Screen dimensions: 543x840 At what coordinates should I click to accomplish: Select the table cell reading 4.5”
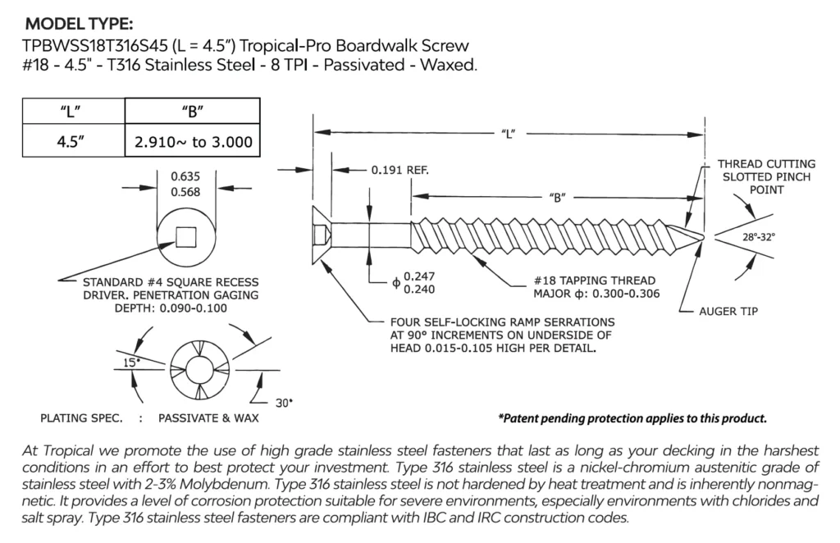tap(72, 141)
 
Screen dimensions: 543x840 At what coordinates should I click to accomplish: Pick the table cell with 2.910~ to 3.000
tap(193, 142)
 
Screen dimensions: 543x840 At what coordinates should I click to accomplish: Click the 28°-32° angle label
tap(759, 236)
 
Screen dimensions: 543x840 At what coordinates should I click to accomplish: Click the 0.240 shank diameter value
tap(414, 289)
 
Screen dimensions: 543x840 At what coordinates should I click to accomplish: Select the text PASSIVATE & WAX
tap(208, 418)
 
